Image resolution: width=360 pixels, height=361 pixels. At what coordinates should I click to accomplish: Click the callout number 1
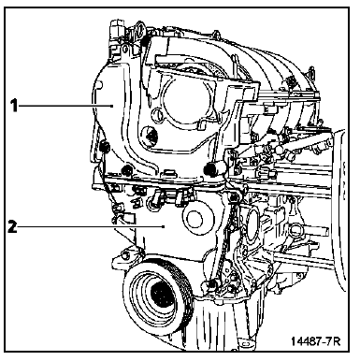pyautogui.click(x=14, y=106)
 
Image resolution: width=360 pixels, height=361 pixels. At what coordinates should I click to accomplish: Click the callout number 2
pyautogui.click(x=12, y=226)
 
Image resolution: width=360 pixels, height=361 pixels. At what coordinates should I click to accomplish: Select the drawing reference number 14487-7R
pyautogui.click(x=315, y=341)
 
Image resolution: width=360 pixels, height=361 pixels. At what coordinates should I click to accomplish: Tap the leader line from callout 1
pyautogui.click(x=65, y=106)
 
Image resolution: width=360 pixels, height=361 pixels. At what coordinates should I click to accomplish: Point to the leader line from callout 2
pyautogui.click(x=91, y=226)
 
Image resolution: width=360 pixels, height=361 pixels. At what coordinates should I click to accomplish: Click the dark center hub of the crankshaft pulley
pyautogui.click(x=162, y=295)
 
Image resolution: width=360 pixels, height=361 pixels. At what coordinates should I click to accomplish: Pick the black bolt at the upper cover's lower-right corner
pyautogui.click(x=209, y=169)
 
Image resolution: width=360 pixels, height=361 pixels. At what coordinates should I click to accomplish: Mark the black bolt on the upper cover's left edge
pyautogui.click(x=105, y=146)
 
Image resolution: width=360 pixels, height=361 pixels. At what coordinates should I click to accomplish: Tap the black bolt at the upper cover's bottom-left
pyautogui.click(x=126, y=170)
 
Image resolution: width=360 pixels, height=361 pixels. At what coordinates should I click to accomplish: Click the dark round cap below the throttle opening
pyautogui.click(x=151, y=135)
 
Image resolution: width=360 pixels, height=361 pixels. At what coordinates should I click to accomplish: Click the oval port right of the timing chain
pyautogui.click(x=252, y=221)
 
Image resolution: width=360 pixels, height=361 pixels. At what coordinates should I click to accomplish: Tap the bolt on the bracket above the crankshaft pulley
pyautogui.click(x=126, y=255)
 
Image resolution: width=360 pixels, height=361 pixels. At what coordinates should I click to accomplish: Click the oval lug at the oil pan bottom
pyautogui.click(x=246, y=344)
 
